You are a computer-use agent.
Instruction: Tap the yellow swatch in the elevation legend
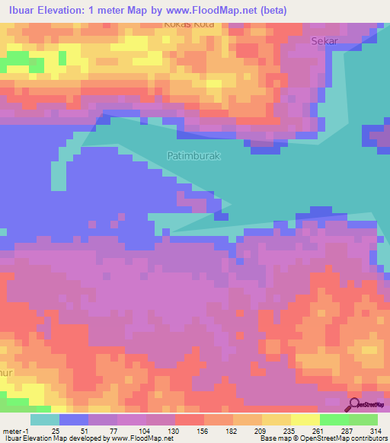tap(305, 419)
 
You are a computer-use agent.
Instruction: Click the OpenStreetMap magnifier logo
tap(355, 405)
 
